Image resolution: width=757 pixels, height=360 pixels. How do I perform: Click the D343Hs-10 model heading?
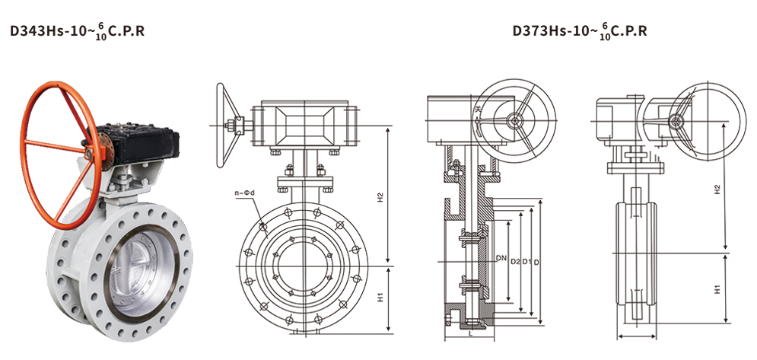click(78, 31)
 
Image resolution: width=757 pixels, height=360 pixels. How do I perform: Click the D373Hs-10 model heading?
click(579, 31)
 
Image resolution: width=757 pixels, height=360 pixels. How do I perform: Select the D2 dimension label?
click(514, 262)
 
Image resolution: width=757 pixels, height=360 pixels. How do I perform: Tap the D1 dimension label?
click(526, 262)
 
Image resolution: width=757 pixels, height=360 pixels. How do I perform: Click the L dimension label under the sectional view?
click(469, 333)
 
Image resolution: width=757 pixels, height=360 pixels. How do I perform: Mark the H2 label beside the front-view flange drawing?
click(380, 197)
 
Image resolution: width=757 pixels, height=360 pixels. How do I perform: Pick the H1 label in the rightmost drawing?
click(717, 289)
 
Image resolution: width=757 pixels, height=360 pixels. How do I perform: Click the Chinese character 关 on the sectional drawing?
click(478, 110)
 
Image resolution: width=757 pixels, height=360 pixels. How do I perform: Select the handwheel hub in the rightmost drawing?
click(676, 119)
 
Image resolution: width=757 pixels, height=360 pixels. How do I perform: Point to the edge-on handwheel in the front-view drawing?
click(221, 126)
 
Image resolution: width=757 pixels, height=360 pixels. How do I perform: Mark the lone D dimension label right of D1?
click(536, 262)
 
